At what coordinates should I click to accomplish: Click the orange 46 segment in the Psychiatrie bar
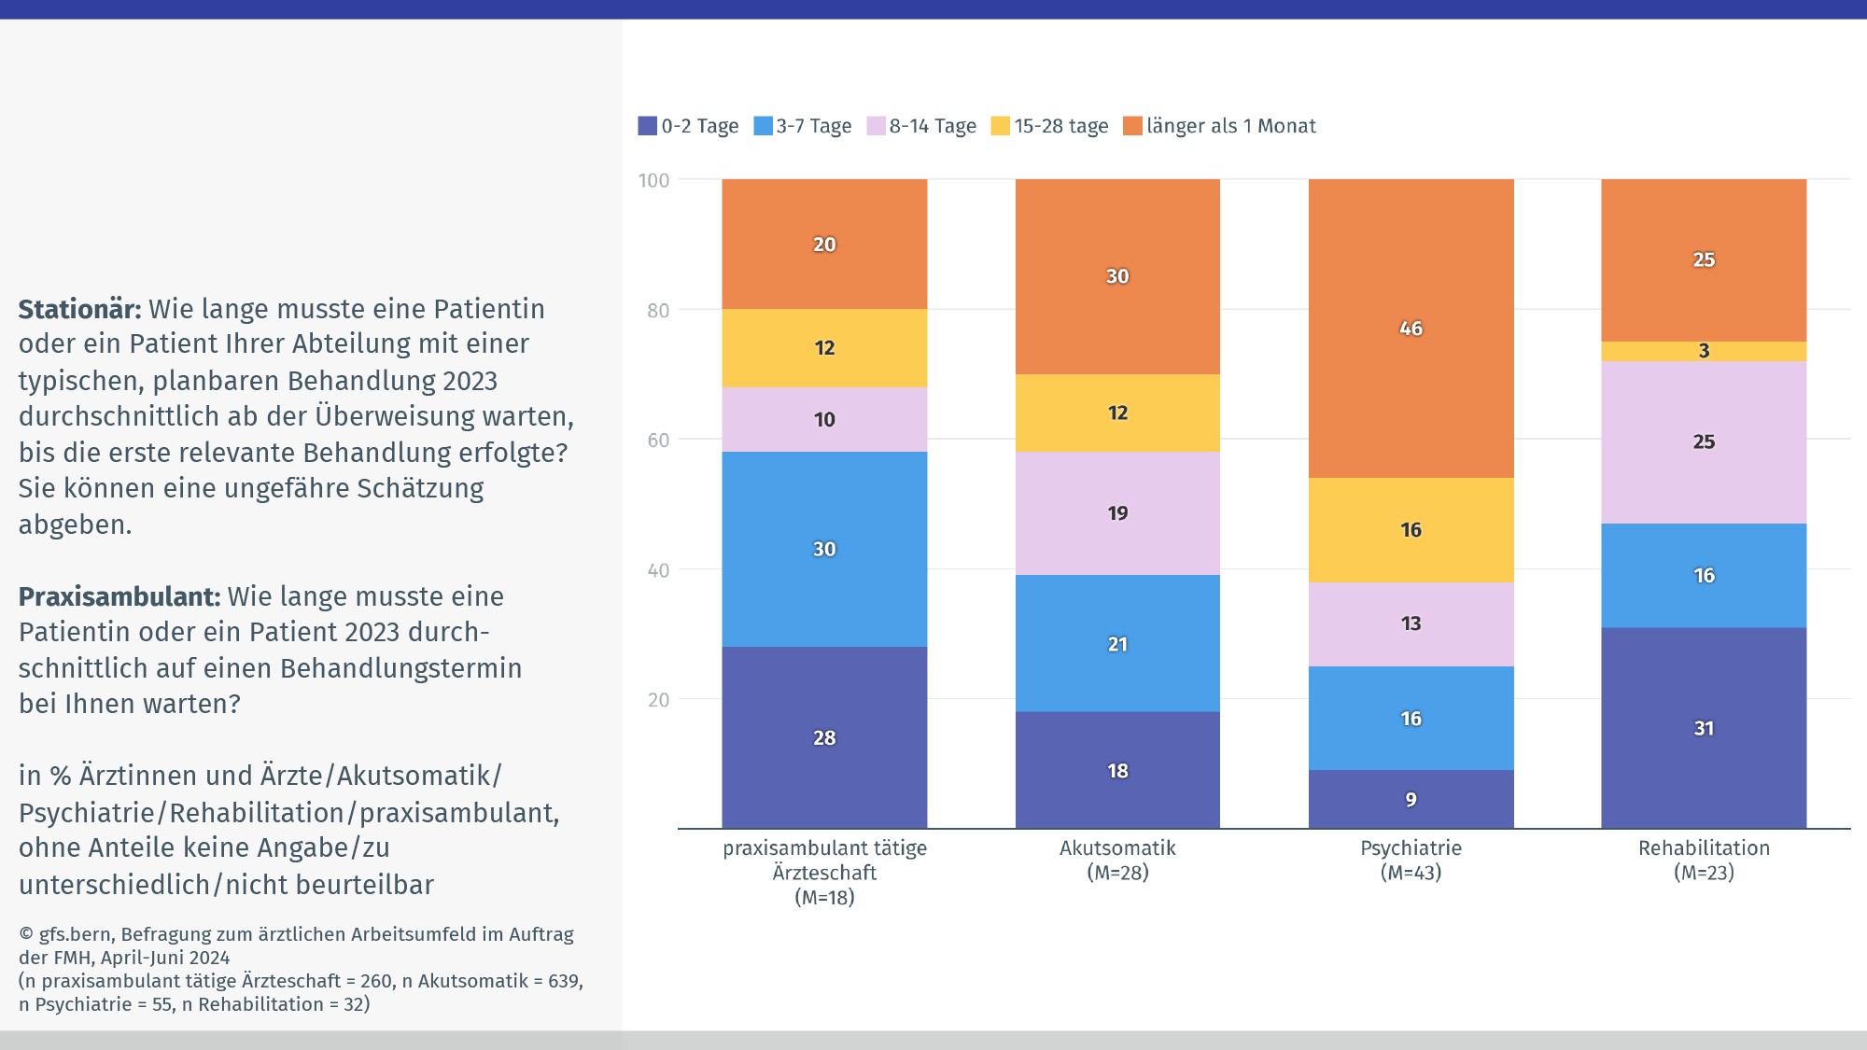pos(1411,329)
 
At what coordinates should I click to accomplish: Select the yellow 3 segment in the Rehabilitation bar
pos(1704,351)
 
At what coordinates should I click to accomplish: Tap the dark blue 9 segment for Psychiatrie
pos(1411,799)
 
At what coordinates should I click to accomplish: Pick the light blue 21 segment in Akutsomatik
pos(1117,644)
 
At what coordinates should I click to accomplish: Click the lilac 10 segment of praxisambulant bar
pos(824,420)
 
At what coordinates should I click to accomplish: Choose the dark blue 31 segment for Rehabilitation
pos(1704,728)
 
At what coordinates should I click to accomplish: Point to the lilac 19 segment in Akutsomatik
pos(1117,513)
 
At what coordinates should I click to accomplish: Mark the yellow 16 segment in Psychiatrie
pos(1411,530)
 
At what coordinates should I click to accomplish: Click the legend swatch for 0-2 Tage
pos(647,126)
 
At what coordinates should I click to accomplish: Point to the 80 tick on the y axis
pos(658,310)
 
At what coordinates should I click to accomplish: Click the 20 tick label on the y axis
pos(658,700)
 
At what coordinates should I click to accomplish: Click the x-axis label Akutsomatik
pos(1117,848)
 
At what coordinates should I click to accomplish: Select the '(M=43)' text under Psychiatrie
pos(1411,873)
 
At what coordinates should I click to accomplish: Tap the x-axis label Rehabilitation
pos(1704,848)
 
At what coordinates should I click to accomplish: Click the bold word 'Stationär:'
pos(80,309)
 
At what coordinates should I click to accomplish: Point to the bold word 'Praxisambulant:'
pos(119,596)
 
